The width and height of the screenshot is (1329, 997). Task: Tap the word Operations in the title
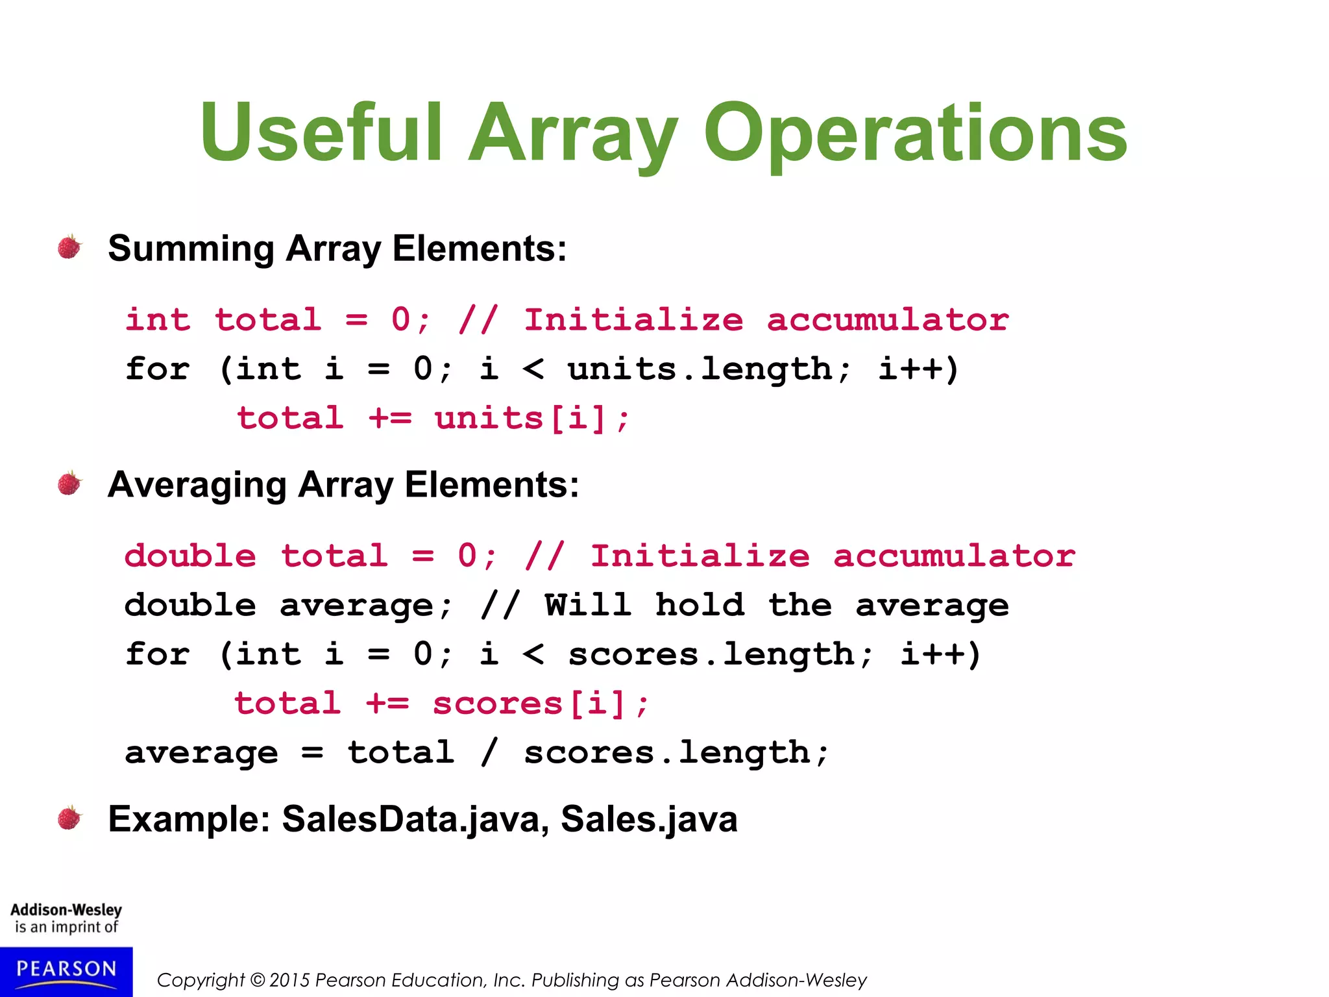(x=915, y=133)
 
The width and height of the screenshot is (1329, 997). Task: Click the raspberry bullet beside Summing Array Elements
(x=69, y=247)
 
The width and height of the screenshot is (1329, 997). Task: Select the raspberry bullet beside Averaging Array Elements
(x=69, y=484)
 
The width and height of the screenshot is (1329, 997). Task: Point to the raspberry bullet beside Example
(x=69, y=818)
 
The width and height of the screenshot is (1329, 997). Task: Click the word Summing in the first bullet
(x=191, y=249)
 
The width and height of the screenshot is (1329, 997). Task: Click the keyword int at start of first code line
(x=158, y=320)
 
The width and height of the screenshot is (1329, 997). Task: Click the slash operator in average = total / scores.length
(x=489, y=753)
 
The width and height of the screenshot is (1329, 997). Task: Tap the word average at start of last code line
(x=201, y=753)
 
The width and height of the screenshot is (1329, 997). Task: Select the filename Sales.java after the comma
(x=649, y=819)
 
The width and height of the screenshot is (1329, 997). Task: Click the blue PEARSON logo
(x=66, y=971)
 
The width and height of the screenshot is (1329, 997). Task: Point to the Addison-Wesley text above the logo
(x=66, y=910)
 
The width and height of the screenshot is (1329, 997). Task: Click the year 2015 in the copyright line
(x=289, y=980)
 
